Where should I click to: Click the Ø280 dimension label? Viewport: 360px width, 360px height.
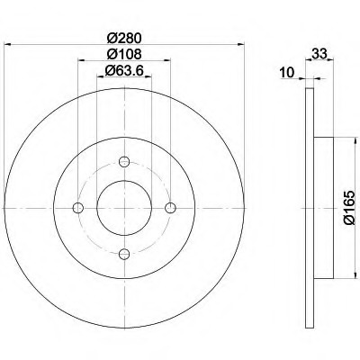(x=124, y=38)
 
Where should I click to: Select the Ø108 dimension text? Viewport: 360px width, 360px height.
(x=124, y=54)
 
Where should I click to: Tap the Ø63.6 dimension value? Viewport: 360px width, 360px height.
(x=124, y=71)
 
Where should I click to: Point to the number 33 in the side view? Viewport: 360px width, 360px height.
(x=319, y=54)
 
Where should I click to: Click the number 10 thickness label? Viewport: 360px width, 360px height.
(x=287, y=73)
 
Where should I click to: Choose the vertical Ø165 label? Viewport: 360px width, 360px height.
(x=349, y=208)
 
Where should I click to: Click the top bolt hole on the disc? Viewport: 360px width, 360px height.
(x=124, y=162)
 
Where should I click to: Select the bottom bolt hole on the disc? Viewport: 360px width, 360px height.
(x=124, y=254)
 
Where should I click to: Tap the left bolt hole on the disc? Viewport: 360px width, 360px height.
(x=78, y=208)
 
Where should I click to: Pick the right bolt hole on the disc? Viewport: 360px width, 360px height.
(x=170, y=208)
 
